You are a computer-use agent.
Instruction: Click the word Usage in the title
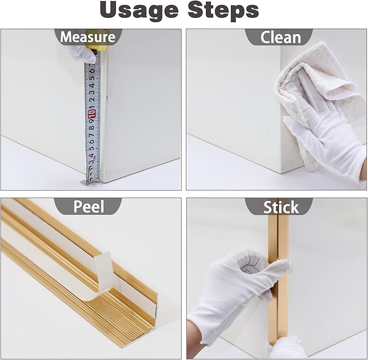point(139,11)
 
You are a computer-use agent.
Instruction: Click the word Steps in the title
point(223,10)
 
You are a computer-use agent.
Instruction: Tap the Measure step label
point(88,37)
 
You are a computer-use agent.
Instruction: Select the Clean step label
point(280,37)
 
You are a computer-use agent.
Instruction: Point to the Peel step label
point(88,207)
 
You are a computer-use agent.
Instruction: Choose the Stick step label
point(281,207)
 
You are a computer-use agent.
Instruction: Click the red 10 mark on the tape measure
point(91,114)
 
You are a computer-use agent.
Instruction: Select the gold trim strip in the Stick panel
point(279,277)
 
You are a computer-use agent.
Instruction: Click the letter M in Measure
point(66,37)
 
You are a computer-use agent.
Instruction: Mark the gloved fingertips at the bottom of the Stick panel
point(284,348)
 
